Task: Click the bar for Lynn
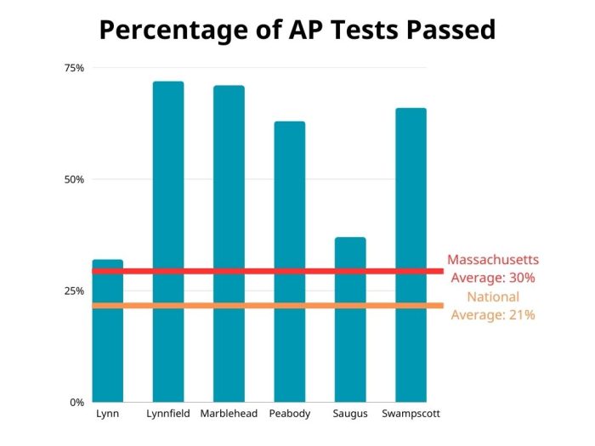107,340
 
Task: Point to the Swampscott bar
411,255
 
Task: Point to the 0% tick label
76,402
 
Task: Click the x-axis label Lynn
107,415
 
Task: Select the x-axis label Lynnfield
168,415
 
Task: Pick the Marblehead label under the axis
229,415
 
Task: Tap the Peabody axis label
289,415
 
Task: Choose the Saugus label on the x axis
350,415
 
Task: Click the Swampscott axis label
411,415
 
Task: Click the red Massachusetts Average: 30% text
493,268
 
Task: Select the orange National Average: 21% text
493,306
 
